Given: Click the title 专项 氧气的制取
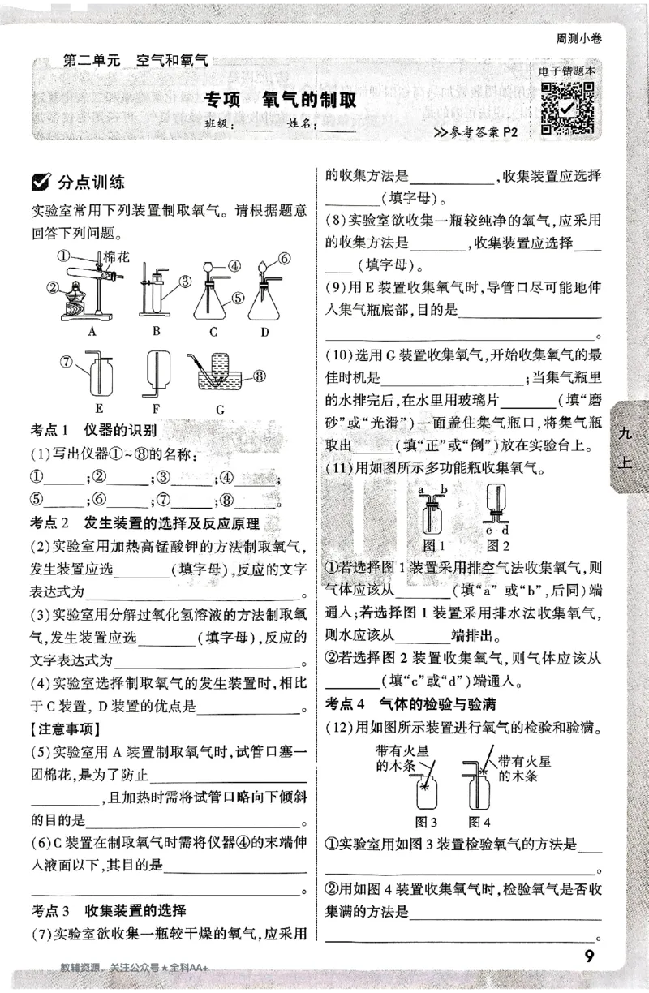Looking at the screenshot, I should [x=280, y=101].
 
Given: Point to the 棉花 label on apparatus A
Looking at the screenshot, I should [x=106, y=256].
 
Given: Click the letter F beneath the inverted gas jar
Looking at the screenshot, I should [x=157, y=410].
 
